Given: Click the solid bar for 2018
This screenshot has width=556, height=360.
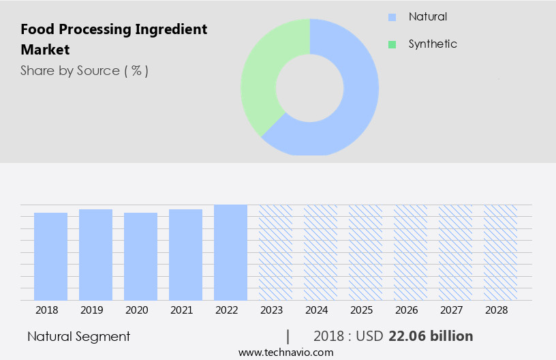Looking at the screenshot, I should coord(50,256).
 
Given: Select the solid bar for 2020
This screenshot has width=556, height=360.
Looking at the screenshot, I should coord(140,256).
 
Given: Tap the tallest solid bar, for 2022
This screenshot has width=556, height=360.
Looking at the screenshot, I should coord(230,252).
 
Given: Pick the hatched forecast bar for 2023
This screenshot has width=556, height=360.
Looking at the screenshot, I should coord(275,252).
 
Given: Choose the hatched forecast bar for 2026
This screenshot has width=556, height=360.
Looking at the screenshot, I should coord(410,252).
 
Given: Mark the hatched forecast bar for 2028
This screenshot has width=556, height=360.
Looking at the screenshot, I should coord(500,252).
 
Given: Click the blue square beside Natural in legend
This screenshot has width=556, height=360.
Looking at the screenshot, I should coord(392,17).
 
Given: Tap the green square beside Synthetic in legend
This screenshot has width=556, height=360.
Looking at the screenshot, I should coord(392,44).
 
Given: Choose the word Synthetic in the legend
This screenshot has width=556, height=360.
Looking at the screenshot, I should coord(433,44).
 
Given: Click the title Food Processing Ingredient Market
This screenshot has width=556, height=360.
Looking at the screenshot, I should coord(114,40).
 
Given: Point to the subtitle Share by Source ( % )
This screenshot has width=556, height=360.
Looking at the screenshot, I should coord(84,70).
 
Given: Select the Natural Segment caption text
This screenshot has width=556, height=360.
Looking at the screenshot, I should coord(78,336).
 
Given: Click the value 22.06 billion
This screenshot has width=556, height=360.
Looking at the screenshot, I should coord(431,336).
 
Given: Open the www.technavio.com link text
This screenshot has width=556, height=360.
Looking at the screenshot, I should coord(285,352).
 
